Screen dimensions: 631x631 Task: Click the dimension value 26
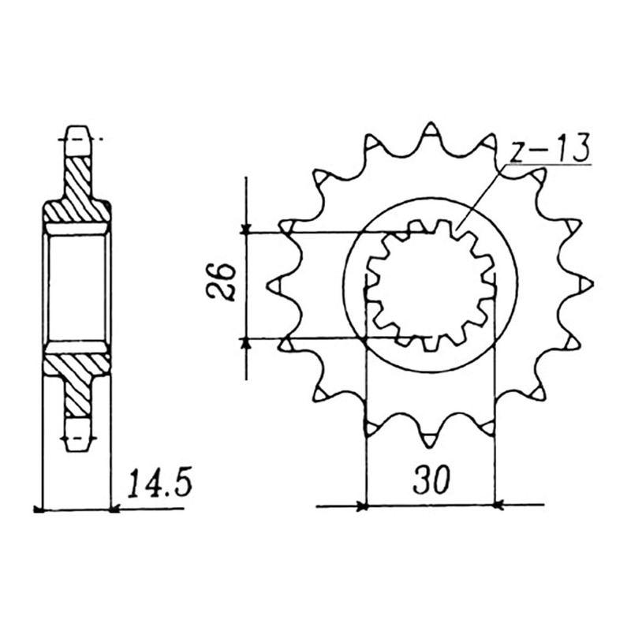pos(221,282)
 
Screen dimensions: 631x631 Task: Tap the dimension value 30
pos(431,480)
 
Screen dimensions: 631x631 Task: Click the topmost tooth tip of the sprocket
pos(430,122)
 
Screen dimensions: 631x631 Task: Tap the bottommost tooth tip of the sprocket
pos(429,446)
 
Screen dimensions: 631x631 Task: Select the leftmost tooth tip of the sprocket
pos(269,286)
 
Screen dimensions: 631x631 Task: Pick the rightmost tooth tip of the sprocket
pos(592,284)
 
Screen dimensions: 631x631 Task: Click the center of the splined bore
pos(430,284)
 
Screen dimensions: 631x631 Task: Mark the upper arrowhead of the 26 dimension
pos(246,230)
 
